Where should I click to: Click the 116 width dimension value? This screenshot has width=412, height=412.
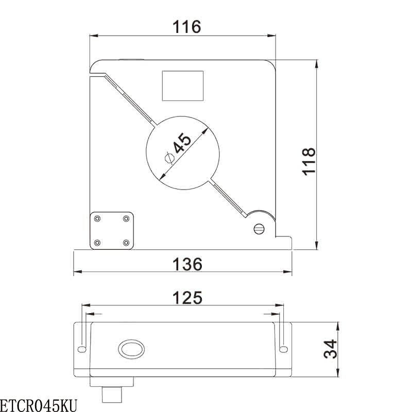pos(186,26)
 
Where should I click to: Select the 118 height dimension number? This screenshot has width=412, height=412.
pos(308,161)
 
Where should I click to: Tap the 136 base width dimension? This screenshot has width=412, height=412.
pos(187,264)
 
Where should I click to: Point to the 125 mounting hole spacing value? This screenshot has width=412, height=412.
pos(187,298)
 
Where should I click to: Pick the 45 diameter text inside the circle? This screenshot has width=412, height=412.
pos(182,144)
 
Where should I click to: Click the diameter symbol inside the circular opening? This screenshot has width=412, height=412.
pos(168,158)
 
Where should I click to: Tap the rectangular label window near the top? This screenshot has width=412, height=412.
pos(183,86)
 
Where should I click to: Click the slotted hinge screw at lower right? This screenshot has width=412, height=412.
pos(260,229)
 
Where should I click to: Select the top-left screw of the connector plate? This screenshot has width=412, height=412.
pos(97,218)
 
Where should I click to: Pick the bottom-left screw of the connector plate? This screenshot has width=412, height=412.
pos(97,242)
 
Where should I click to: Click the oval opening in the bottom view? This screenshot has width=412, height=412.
pos(131,350)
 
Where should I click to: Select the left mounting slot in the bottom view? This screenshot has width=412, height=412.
pos(82,350)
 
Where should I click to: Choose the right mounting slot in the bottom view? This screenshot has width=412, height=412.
pos(282,350)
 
